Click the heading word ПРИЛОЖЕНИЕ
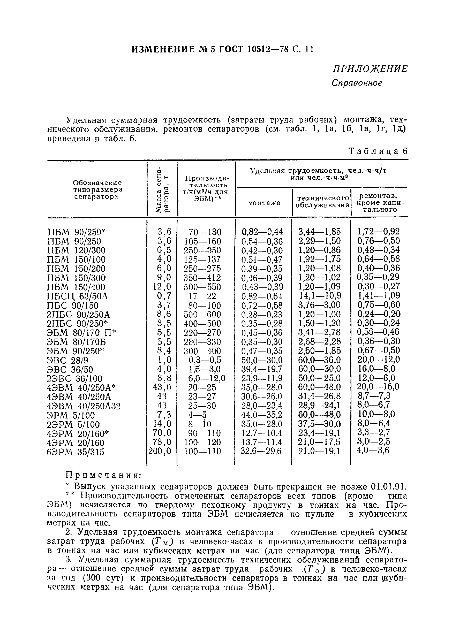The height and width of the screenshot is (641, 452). [x=370, y=69]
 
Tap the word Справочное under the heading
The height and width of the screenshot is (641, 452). [x=357, y=83]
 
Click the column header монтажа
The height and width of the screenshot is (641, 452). [x=264, y=203]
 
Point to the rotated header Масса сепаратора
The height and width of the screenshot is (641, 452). [x=162, y=190]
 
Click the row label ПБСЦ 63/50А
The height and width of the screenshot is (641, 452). [x=77, y=296]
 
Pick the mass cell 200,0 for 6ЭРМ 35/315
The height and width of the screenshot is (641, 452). [x=160, y=451]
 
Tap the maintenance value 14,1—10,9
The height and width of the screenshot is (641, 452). [x=320, y=296]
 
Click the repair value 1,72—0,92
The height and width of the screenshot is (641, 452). [x=379, y=231]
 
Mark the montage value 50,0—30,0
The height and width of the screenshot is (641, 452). [x=262, y=360]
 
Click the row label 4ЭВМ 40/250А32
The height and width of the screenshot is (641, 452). [x=84, y=406]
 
